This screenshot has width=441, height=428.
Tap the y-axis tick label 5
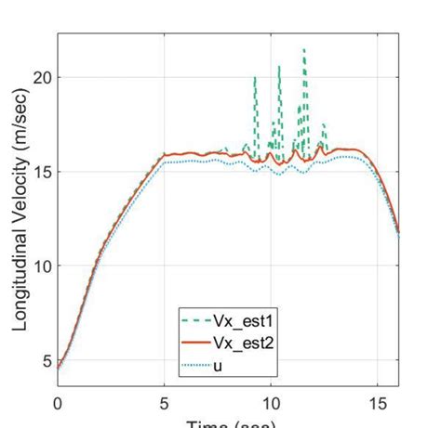coord(44,360)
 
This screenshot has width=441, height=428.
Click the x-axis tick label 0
coord(57,404)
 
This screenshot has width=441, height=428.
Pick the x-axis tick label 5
coord(164,404)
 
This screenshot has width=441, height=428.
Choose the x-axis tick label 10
coord(270,404)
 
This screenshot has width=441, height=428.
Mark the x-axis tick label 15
coord(377,404)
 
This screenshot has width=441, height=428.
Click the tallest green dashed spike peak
coord(303,49)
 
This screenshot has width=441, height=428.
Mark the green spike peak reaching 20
coord(255,78)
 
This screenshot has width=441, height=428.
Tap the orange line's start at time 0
coord(58,367)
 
